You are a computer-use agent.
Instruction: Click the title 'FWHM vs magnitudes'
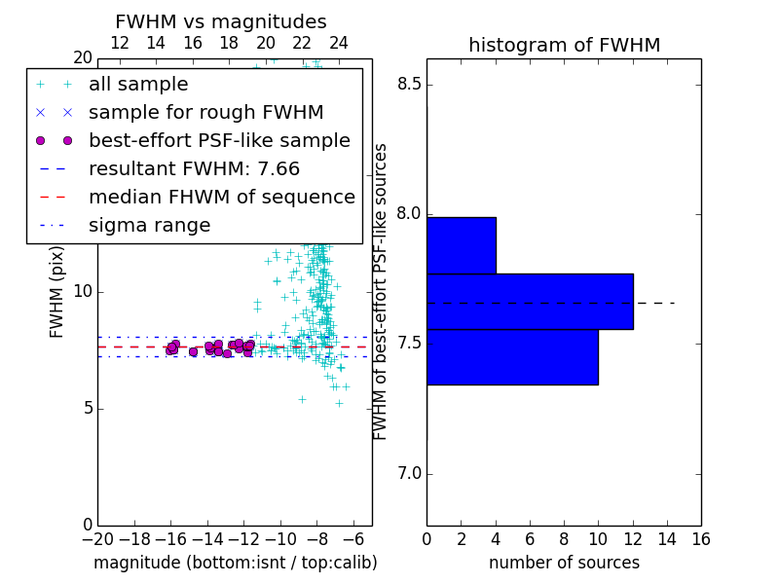(221, 21)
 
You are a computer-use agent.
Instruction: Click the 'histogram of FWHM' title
(565, 45)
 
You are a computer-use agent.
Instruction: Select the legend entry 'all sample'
(138, 85)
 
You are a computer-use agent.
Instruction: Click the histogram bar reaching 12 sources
(530, 302)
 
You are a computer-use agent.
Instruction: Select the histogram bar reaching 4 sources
(462, 245)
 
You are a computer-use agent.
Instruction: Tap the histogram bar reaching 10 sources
(513, 357)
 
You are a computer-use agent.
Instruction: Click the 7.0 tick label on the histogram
(409, 474)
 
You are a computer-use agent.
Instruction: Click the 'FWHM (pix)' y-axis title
(56, 292)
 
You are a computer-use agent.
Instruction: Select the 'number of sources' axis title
(565, 563)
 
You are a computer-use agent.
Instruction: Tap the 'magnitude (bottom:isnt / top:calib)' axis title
(236, 563)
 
